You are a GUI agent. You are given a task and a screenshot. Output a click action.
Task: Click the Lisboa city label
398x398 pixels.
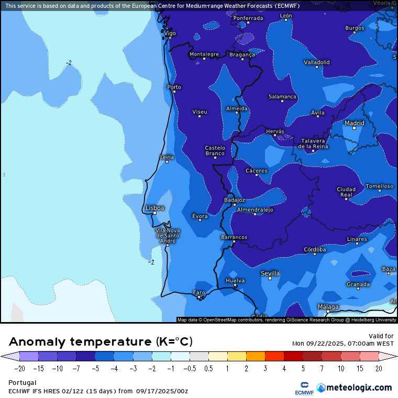pos(155,208)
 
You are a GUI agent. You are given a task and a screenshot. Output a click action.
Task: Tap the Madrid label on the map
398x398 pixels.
pos(355,123)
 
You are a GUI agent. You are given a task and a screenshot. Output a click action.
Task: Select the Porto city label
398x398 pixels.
pos(174,87)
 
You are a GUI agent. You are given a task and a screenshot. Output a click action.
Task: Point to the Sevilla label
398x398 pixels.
pos(270,273)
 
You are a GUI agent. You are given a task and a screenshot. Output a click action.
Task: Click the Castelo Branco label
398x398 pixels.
pos(215,150)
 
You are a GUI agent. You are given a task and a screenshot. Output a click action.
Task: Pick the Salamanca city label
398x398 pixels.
pos(282,97)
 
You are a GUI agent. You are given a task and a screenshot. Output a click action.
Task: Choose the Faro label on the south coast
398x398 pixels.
pos(199,292)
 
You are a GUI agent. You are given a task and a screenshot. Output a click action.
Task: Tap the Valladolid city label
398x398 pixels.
pos(317,62)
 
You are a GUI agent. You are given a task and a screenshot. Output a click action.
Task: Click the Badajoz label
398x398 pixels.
pos(234,200)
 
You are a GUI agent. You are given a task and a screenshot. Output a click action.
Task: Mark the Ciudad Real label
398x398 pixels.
pos(346,192)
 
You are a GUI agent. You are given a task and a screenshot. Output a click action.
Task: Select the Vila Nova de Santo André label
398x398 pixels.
pos(168,235)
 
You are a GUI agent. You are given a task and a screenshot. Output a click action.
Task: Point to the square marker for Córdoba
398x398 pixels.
pos(315,254)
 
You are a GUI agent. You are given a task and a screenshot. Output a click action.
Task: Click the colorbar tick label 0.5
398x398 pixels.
pos(208,369)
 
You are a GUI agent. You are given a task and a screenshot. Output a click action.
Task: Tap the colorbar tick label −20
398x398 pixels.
pos(19,369)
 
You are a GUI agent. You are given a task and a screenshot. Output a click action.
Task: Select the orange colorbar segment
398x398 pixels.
pos(256,357)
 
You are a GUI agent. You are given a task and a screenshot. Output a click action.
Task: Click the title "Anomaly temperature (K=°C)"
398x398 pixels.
pos(101,342)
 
